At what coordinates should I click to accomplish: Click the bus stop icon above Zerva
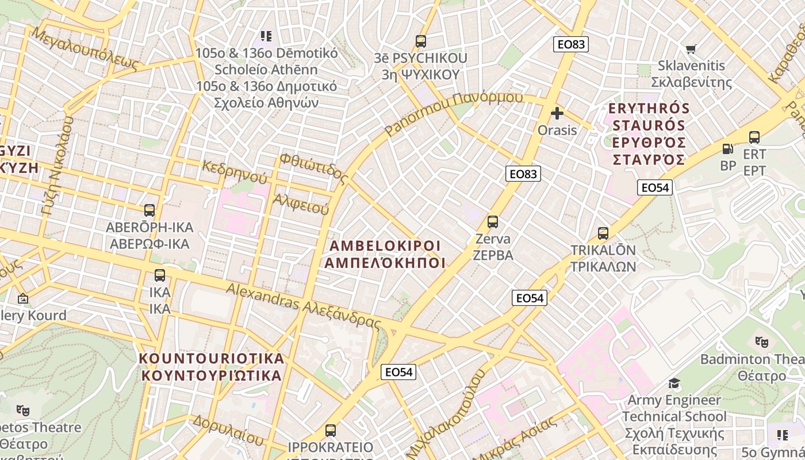pyautogui.click(x=492, y=222)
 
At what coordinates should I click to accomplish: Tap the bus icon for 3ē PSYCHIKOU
pyautogui.click(x=421, y=41)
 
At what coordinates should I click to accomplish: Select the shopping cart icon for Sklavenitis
pyautogui.click(x=691, y=49)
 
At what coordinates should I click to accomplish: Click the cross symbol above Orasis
pyautogui.click(x=557, y=113)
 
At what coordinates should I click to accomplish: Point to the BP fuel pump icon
pyautogui.click(x=728, y=149)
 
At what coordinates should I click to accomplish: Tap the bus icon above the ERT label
pyautogui.click(x=754, y=137)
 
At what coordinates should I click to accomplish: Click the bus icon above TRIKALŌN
pyautogui.click(x=603, y=233)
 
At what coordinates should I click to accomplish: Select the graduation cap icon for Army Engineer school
pyautogui.click(x=674, y=383)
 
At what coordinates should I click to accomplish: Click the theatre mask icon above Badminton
pyautogui.click(x=762, y=342)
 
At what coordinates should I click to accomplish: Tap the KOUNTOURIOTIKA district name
pyautogui.click(x=212, y=367)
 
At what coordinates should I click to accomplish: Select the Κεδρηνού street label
pyautogui.click(x=235, y=171)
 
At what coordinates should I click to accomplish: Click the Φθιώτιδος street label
pyautogui.click(x=314, y=168)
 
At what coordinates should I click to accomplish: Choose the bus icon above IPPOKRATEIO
pyautogui.click(x=330, y=431)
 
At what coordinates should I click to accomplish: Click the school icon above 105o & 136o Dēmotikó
pyautogui.click(x=266, y=36)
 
